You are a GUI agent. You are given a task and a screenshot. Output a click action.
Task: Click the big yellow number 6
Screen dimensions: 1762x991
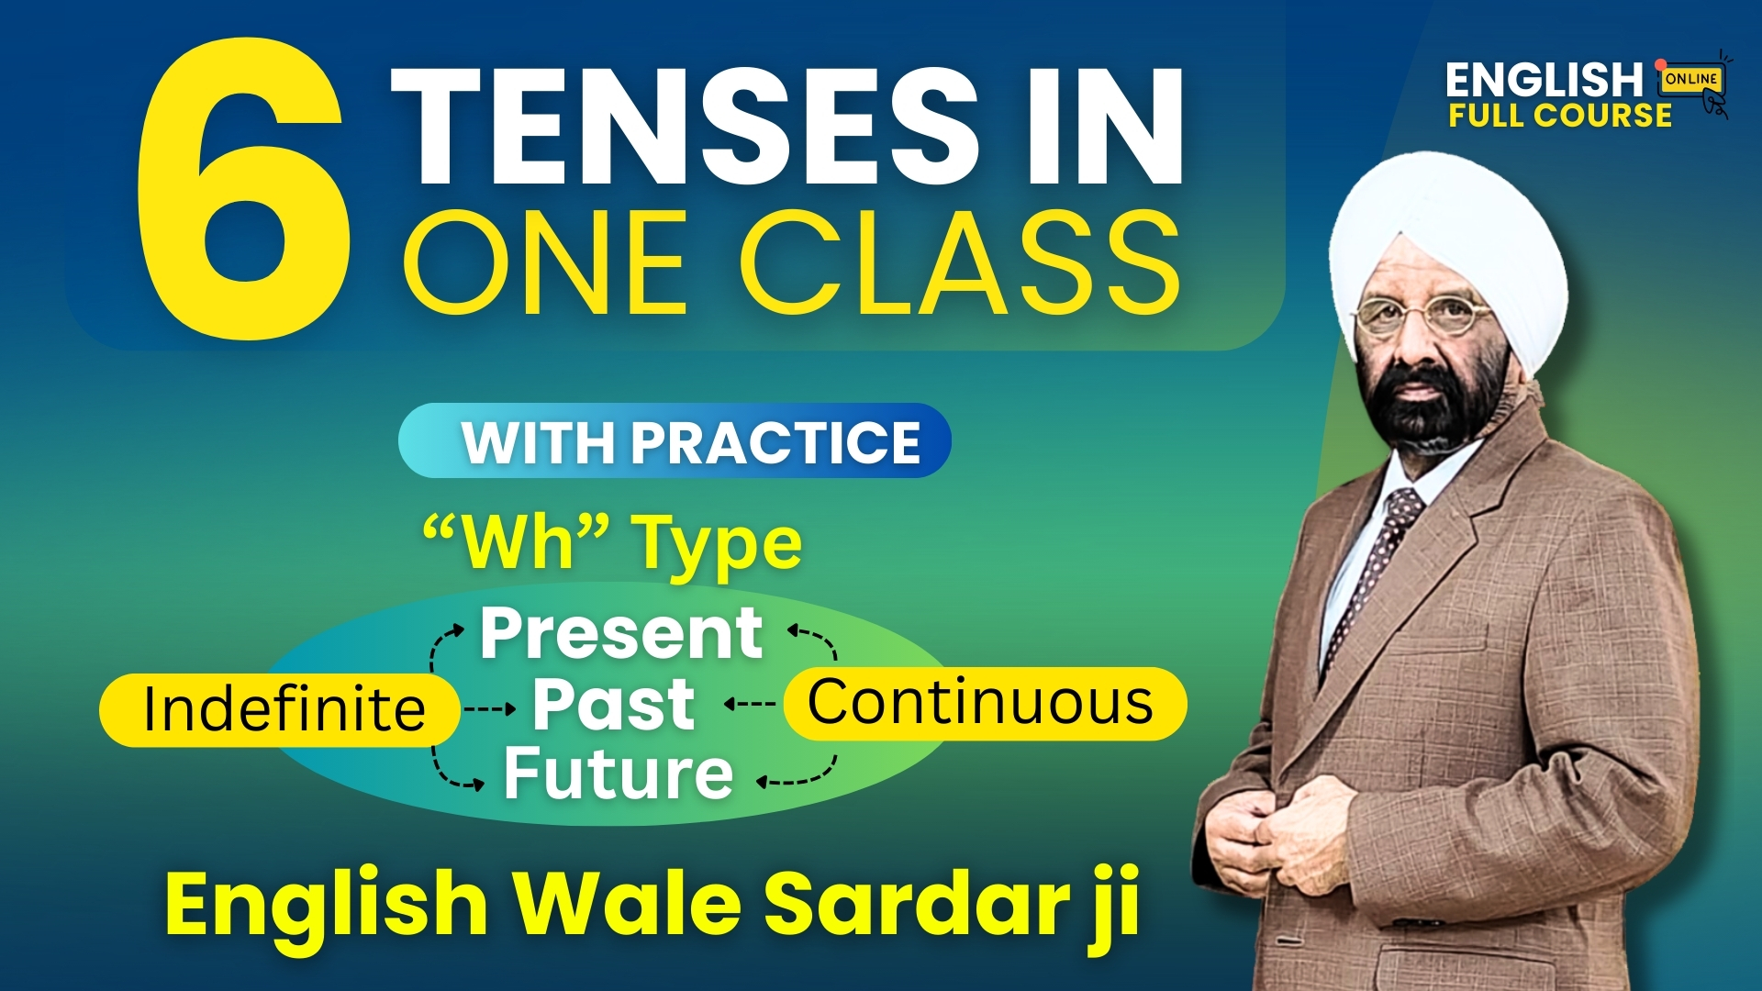click(243, 188)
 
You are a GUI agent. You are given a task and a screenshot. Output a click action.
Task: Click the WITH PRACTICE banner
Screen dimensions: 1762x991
click(675, 441)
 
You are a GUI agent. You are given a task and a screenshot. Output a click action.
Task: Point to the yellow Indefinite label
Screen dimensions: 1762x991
click(280, 709)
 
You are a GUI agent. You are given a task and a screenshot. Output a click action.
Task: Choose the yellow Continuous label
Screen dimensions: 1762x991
click(985, 703)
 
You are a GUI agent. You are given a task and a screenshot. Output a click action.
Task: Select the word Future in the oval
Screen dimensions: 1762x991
click(619, 774)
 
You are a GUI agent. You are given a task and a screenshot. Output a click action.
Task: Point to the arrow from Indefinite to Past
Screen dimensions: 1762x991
click(490, 708)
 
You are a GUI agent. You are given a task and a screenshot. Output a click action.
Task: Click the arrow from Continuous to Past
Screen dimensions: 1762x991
click(750, 704)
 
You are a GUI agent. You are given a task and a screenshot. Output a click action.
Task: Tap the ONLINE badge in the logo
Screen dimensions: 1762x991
click(1691, 79)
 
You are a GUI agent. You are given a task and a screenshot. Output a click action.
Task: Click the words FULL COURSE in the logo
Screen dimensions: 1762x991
click(1560, 115)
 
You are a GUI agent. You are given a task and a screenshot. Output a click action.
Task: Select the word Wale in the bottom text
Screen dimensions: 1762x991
click(628, 904)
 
